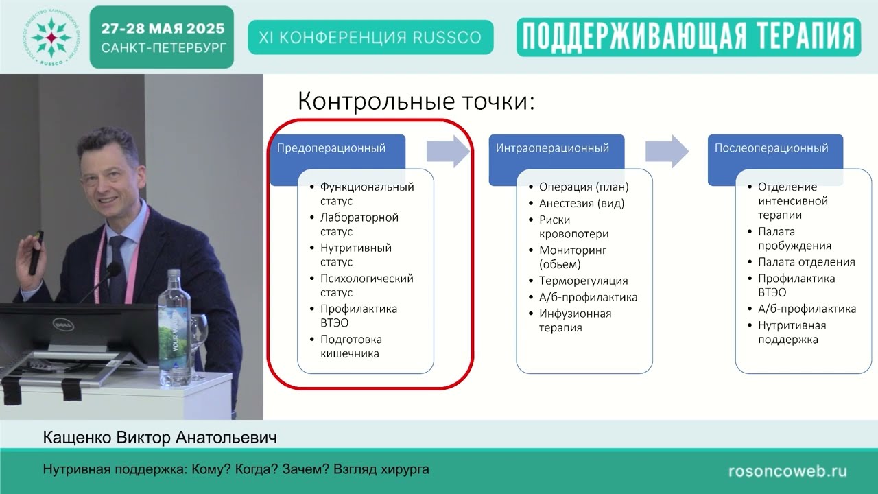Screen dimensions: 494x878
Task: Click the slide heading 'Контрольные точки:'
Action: (416, 102)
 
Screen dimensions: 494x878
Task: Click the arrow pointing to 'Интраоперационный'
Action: (448, 151)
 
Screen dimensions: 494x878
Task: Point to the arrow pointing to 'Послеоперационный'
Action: (667, 151)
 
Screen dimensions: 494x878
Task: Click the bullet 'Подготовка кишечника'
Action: (351, 346)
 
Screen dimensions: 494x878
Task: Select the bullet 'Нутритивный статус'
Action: (355, 255)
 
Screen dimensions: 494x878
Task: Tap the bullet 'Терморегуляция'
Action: (583, 281)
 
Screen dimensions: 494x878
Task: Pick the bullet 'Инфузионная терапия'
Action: (575, 320)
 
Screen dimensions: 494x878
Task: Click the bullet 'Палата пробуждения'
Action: (794, 239)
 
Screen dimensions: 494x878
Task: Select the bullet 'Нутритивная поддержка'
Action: (792, 332)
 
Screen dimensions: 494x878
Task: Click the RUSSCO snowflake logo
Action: (50, 37)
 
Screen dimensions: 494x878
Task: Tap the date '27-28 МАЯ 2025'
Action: (163, 29)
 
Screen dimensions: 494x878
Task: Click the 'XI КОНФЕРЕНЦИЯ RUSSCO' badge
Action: (370, 37)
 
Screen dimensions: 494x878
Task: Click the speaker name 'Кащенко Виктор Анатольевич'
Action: (160, 437)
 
